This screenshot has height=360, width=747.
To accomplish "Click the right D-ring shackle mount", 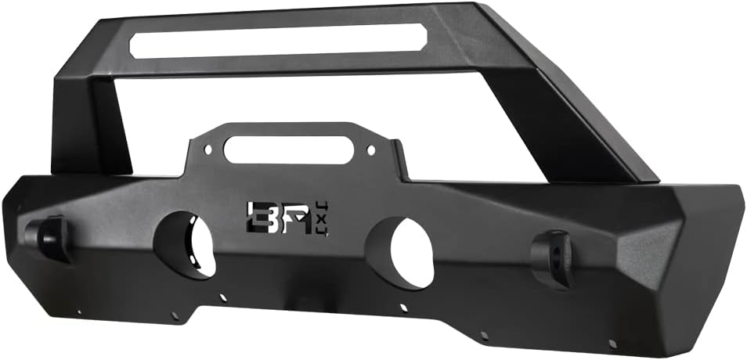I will pos(553,259).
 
